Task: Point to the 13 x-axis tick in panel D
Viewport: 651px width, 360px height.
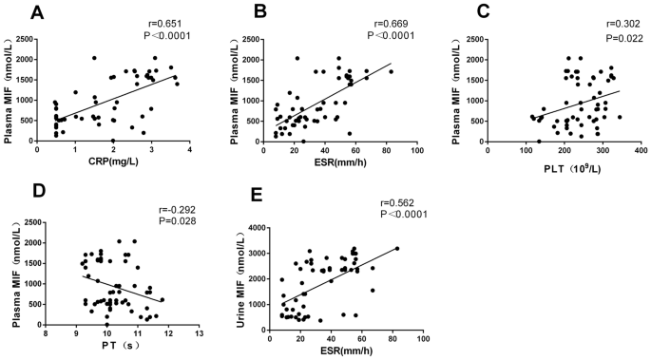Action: [199, 334]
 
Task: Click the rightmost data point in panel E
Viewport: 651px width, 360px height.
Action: [397, 248]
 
